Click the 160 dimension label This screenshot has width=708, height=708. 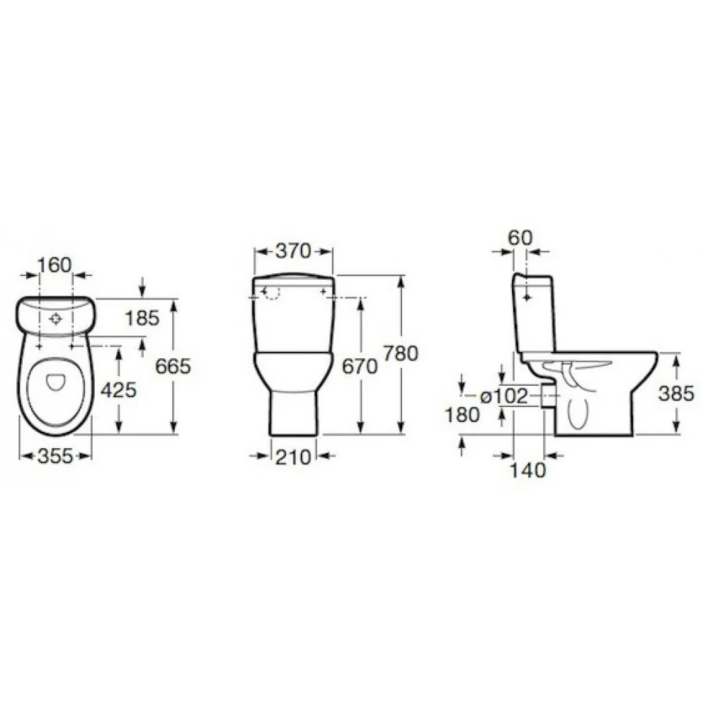[55, 265]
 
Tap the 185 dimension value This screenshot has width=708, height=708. [142, 319]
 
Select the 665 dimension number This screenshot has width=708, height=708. [173, 366]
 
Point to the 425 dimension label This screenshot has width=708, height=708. [118, 389]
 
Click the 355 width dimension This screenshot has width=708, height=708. [55, 456]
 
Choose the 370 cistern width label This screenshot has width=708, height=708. [294, 251]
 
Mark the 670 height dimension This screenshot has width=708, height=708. [360, 366]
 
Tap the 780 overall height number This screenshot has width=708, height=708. [401, 353]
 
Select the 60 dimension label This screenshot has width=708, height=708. [520, 237]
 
